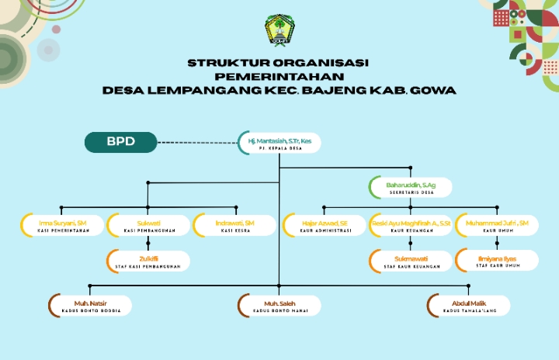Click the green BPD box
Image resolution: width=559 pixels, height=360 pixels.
click(120, 142)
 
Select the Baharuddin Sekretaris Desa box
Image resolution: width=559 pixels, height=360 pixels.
click(411, 187)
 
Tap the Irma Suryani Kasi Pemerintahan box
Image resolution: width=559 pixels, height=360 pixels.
click(62, 226)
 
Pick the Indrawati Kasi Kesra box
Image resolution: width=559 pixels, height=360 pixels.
click(234, 226)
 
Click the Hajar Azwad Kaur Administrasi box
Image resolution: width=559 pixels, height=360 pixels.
click(325, 226)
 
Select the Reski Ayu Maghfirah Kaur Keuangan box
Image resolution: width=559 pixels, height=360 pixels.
click(411, 226)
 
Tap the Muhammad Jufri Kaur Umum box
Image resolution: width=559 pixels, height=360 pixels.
click(497, 226)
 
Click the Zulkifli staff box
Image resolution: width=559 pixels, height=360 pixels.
click(148, 261)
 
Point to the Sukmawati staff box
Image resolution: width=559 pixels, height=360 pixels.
click(411, 261)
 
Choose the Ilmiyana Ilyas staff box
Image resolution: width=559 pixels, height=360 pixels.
click(497, 261)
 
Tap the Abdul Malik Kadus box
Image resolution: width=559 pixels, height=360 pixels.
click(470, 305)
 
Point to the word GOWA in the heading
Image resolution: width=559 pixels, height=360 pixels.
click(434, 90)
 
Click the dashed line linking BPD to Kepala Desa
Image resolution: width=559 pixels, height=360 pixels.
click(197, 143)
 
